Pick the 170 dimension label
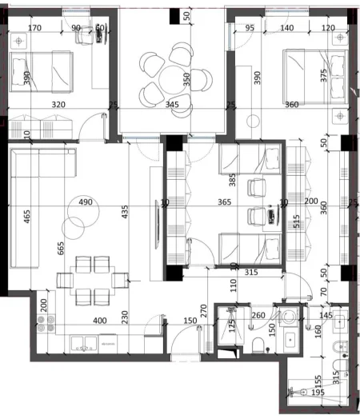(x=34, y=27)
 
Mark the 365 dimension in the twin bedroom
(x=224, y=202)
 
